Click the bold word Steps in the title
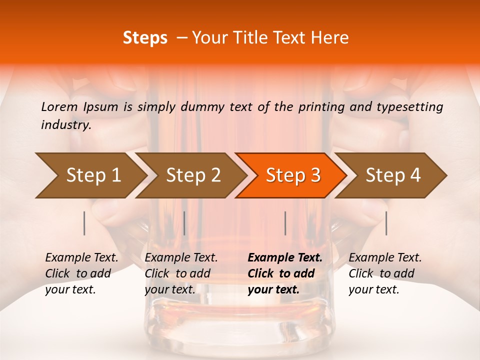point(145,38)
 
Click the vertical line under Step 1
point(84,223)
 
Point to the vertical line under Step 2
point(184,223)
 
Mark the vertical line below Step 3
point(285,223)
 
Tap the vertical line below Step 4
point(386,223)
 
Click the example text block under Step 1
point(81,273)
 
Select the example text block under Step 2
point(181,273)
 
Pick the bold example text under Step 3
point(285,273)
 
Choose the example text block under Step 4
point(385,273)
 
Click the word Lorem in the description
point(59,106)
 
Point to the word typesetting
point(412,106)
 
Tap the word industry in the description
point(65,125)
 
